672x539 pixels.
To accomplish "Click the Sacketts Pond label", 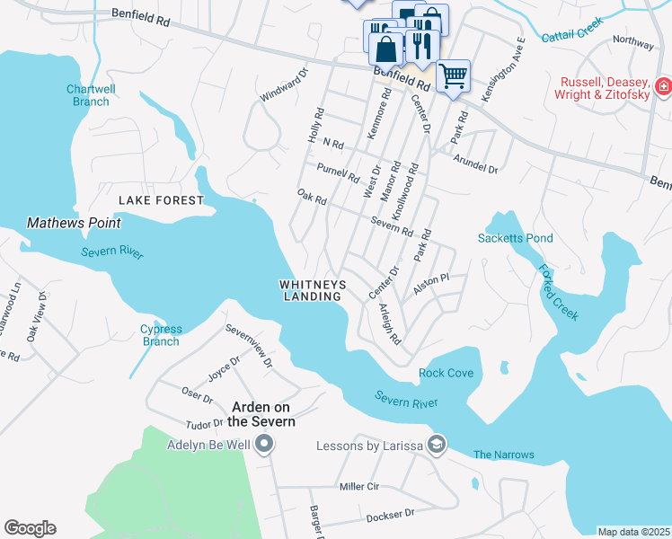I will click(x=515, y=238).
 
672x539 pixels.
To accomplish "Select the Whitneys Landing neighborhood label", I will click(x=313, y=290).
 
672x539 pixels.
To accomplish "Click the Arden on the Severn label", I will click(x=261, y=414).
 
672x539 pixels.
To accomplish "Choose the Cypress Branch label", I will click(x=161, y=335).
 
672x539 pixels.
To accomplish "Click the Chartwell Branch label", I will click(x=88, y=95).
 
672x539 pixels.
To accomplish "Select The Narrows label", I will click(x=503, y=455).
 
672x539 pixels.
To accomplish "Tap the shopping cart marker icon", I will click(x=454, y=75).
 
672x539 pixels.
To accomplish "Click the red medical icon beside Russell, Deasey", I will click(x=663, y=87).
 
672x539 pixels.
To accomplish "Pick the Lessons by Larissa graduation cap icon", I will click(x=436, y=445).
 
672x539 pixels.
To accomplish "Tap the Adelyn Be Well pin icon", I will click(x=264, y=445).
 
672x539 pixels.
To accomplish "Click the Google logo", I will click(x=30, y=528).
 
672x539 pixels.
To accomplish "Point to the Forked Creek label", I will click(x=558, y=293).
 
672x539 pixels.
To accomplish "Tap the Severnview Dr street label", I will click(x=249, y=345).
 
